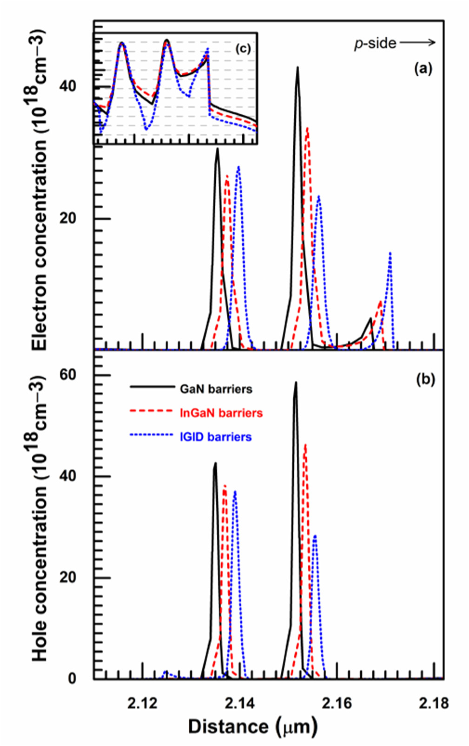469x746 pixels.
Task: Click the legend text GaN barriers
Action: click(216, 389)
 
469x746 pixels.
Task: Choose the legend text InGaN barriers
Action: click(221, 413)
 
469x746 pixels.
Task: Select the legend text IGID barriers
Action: click(216, 437)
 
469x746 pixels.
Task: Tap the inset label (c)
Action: click(243, 49)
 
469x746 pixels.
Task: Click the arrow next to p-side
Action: click(417, 43)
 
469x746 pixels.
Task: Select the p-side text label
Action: click(375, 44)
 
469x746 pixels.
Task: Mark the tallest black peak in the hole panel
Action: click(296, 383)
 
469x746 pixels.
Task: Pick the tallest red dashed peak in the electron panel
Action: click(307, 129)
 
